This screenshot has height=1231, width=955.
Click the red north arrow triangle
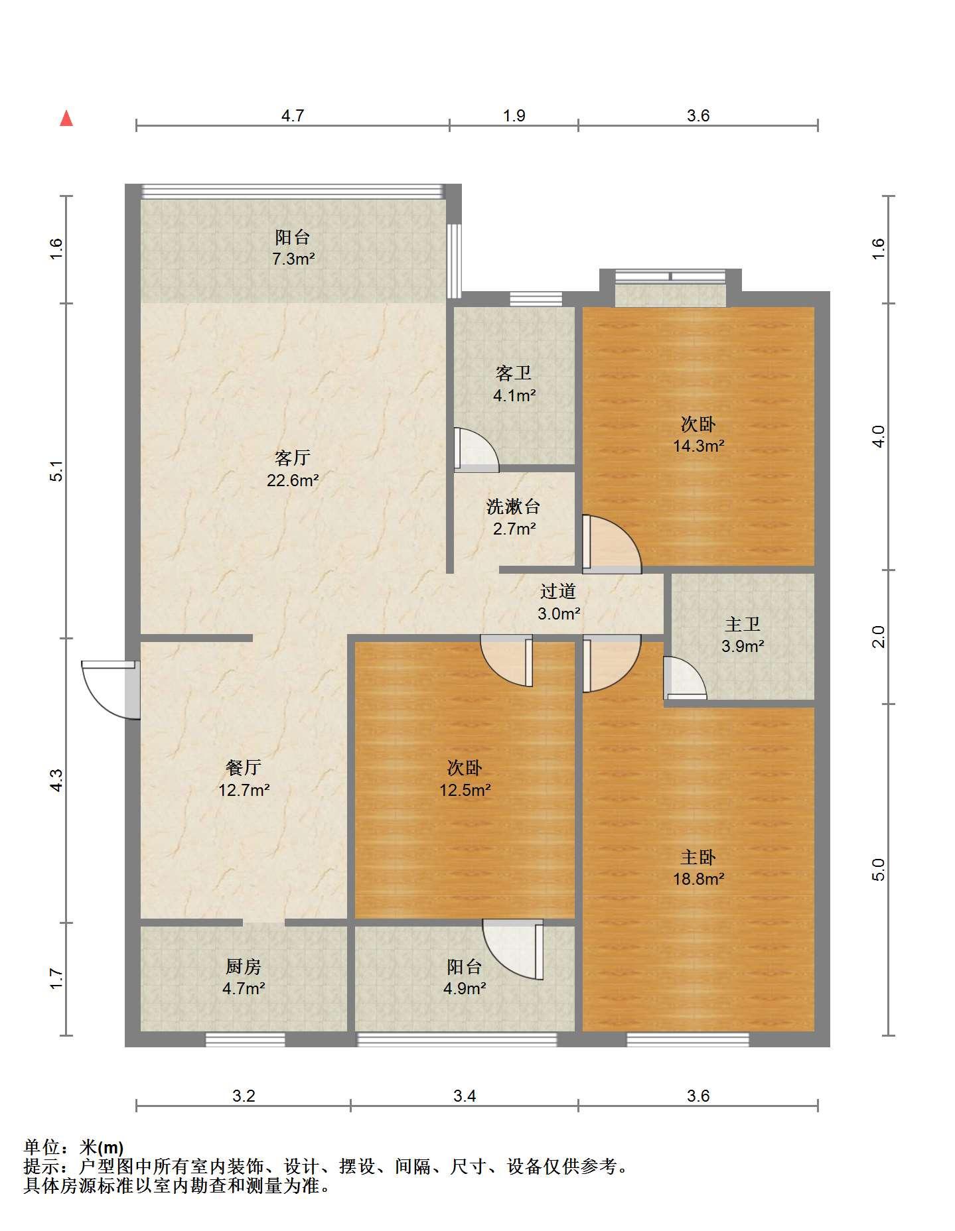(66, 119)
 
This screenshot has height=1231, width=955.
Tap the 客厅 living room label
(293, 458)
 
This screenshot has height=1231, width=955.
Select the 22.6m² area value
(293, 480)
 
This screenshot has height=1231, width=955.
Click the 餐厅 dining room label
(244, 767)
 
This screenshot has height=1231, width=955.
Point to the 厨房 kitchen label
(244, 966)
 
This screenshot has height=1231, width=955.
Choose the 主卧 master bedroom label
(698, 857)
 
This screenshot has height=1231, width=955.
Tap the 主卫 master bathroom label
(743, 624)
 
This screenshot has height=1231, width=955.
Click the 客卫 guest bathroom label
(514, 373)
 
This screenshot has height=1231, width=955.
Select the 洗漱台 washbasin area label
(514, 507)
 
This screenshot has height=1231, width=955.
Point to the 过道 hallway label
(558, 591)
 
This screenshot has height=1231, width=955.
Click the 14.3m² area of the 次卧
(698, 446)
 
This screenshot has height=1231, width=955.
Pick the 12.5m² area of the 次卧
(465, 790)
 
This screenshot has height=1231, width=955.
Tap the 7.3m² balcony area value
(293, 259)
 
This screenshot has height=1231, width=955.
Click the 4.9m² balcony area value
(465, 988)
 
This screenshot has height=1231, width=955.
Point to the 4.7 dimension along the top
(293, 116)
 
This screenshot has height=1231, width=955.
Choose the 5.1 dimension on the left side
(57, 470)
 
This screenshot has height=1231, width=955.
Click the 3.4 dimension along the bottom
(465, 1096)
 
